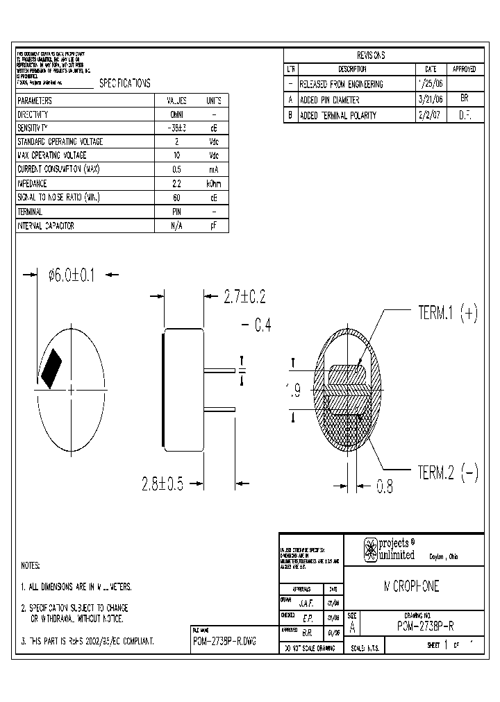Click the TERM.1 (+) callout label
click(x=447, y=313)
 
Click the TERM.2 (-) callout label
click(x=447, y=473)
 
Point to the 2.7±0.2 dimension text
click(x=244, y=297)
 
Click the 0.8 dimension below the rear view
click(x=385, y=488)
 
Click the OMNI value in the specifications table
click(x=176, y=114)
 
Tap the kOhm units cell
click(x=213, y=184)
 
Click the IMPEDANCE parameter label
click(x=32, y=184)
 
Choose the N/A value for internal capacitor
click(x=176, y=225)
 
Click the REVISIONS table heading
click(x=371, y=55)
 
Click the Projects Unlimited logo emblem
click(x=369, y=549)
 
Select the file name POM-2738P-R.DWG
click(x=224, y=642)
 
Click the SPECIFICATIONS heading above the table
click(x=125, y=83)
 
